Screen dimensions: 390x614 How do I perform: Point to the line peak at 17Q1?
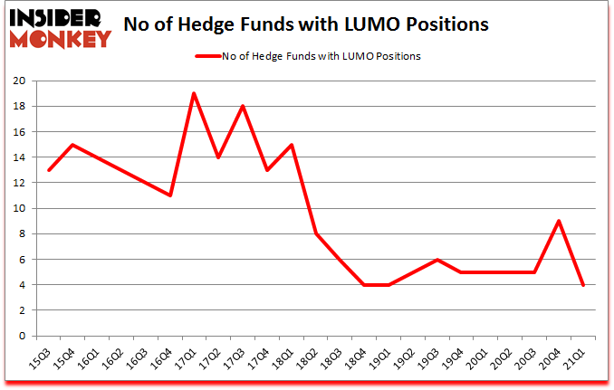tap(194, 93)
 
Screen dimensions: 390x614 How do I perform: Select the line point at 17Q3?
tap(243, 106)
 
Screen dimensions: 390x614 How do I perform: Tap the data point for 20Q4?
tap(559, 221)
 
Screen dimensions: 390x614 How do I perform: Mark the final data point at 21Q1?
tap(583, 285)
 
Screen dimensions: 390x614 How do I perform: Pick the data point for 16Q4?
tap(169, 195)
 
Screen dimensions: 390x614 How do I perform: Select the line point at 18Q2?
tap(315, 233)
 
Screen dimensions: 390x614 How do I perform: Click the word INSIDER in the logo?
tap(57, 17)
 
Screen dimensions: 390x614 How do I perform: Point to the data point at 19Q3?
tap(437, 260)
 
